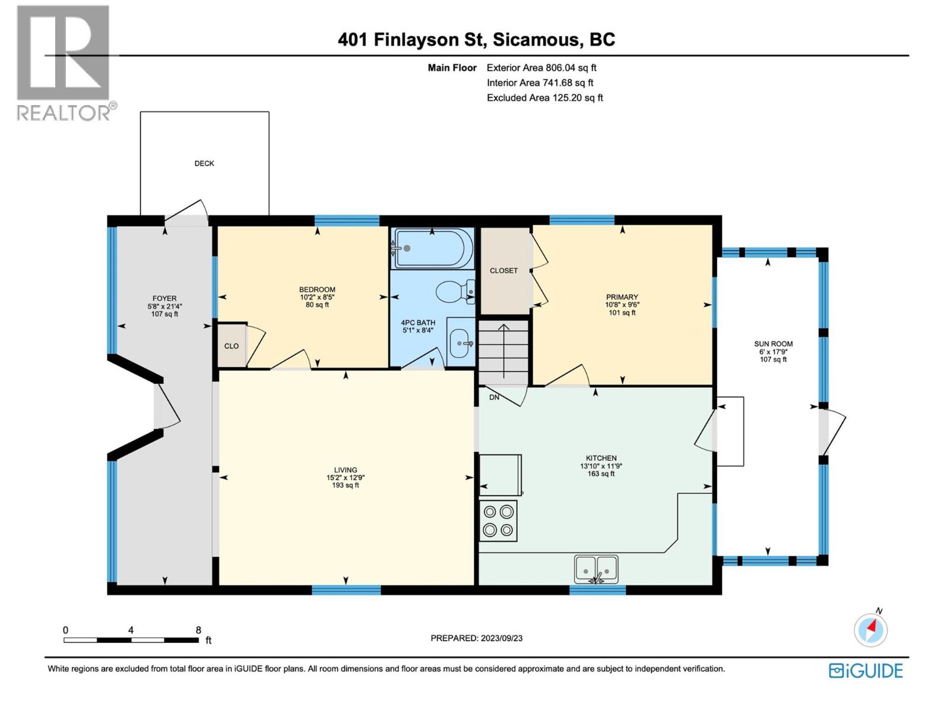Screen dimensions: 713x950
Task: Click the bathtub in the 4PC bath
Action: click(x=433, y=248)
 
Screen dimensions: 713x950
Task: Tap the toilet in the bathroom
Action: click(x=455, y=292)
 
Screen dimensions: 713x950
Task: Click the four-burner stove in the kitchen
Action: click(x=498, y=520)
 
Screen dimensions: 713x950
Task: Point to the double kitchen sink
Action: click(x=596, y=569)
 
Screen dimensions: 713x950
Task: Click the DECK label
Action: click(x=204, y=163)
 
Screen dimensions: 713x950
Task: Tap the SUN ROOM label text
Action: click(x=773, y=343)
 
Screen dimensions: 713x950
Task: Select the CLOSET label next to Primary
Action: click(x=503, y=270)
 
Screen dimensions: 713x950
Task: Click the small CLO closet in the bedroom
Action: click(x=232, y=346)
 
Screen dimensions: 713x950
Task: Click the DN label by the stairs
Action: click(x=494, y=397)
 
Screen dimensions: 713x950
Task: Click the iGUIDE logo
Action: click(x=866, y=671)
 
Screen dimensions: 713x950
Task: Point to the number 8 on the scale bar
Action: click(x=198, y=630)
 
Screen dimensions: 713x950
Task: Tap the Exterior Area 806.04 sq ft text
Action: click(x=541, y=68)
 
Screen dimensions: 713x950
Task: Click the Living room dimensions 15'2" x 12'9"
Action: click(x=346, y=477)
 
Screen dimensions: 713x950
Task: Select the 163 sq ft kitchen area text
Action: click(x=601, y=474)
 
